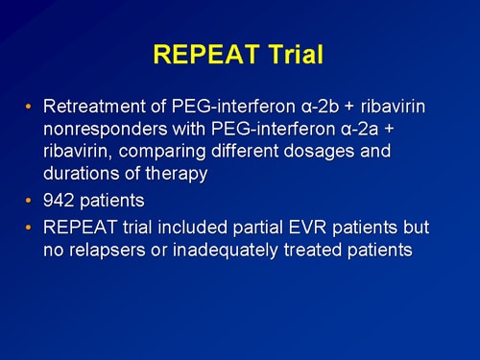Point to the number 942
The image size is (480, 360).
[60, 203]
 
